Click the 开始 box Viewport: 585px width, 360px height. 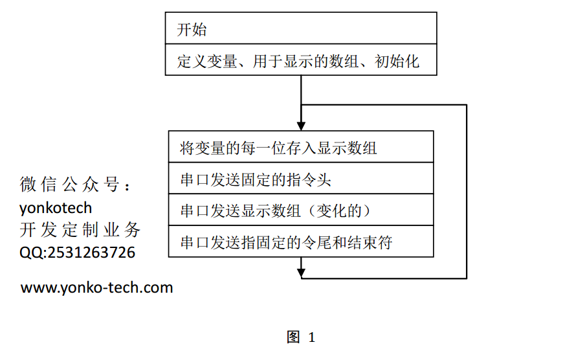[x=301, y=28]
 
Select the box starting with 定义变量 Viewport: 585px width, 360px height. [x=301, y=60]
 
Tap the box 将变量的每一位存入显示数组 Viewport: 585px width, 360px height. [x=301, y=146]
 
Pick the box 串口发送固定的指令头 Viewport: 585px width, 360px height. [x=301, y=178]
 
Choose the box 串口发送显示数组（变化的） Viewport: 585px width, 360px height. [x=301, y=210]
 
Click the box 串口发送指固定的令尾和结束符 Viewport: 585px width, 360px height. [x=301, y=242]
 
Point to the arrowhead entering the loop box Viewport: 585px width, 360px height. [x=301, y=126]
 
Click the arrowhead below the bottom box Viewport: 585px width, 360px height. [x=301, y=273]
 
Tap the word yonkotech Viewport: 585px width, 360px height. [x=56, y=208]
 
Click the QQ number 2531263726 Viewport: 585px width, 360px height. [x=91, y=253]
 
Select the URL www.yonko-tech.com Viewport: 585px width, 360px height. [x=96, y=287]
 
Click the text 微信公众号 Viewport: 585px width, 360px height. [x=69, y=185]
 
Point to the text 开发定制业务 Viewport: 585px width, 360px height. [x=80, y=230]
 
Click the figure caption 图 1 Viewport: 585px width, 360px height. [x=301, y=337]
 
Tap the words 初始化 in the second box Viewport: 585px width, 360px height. [x=397, y=62]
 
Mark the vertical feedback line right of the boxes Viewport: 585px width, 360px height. [x=467, y=192]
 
